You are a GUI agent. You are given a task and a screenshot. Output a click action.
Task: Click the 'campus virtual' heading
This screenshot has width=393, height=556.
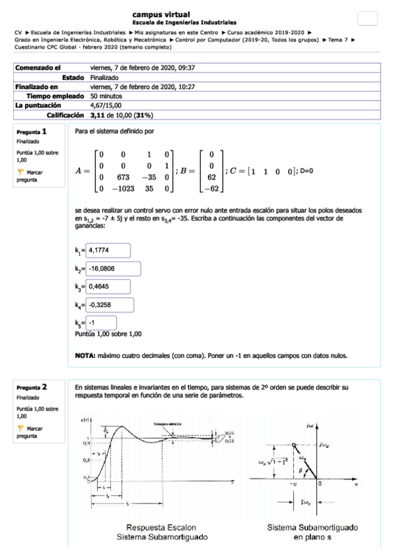pos(161,14)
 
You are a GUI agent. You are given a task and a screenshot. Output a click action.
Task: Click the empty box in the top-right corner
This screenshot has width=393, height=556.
pos(368,19)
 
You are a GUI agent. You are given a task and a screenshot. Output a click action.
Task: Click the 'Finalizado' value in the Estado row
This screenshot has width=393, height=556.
pos(104,77)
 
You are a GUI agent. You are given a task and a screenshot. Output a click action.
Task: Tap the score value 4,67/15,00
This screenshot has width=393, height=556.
pos(106,104)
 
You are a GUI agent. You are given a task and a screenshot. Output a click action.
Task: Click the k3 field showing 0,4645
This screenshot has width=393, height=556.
pos(110,287)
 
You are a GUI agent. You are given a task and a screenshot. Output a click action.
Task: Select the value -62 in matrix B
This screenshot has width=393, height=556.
pos(211,189)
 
